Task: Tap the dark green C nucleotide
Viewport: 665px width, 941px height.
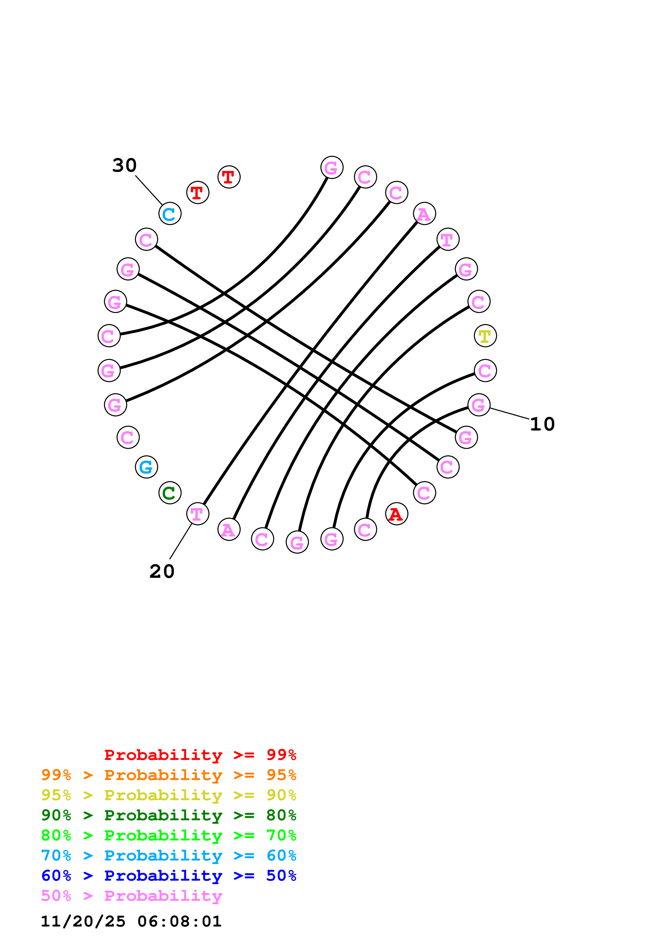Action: coord(170,493)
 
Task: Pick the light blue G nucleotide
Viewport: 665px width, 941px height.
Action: coord(146,466)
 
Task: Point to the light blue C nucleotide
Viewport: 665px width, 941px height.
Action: coord(170,214)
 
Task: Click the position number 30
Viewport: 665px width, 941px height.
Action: coord(124,165)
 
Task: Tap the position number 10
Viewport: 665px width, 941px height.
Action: coord(542,424)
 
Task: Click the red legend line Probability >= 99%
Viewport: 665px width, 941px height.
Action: coord(200,755)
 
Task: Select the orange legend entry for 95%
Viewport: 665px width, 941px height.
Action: coord(168,775)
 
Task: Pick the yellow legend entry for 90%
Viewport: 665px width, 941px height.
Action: coord(168,795)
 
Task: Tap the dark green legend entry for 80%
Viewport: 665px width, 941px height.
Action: coord(168,815)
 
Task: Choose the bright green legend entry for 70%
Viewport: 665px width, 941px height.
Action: coord(168,835)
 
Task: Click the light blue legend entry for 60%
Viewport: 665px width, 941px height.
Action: coord(168,855)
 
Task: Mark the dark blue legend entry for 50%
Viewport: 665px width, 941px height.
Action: coord(168,876)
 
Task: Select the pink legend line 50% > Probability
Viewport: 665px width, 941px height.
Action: coord(131,895)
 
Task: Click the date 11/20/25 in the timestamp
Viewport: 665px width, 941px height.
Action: coord(83,921)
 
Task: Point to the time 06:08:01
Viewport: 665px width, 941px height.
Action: coord(179,921)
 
